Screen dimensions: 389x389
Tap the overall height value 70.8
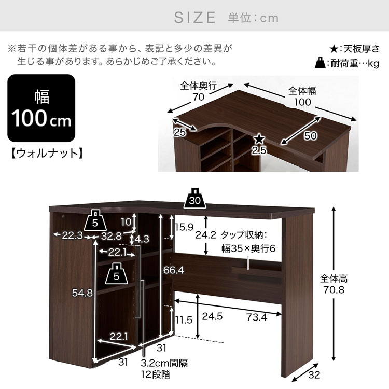coord(334,289)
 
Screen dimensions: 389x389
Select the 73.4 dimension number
coord(257,317)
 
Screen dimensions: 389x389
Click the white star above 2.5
coord(259,139)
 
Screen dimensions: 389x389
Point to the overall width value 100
coord(302,102)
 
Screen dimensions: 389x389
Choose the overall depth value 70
coord(199,97)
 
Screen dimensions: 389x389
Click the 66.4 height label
coord(173,270)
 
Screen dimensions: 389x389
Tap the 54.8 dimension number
coord(82,293)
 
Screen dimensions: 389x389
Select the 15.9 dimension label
coord(184,227)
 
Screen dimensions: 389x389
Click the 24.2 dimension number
coord(206,234)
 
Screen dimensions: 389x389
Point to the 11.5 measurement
coord(184,320)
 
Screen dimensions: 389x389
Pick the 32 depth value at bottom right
coord(314,374)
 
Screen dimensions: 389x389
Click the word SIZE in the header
coord(195,18)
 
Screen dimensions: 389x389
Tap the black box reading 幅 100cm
coord(41,108)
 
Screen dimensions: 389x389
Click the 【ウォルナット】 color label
coord(47,154)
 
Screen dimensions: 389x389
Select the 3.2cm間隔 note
coord(164,363)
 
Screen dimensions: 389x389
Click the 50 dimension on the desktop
coord(310,136)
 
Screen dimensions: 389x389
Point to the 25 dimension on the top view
coord(179,132)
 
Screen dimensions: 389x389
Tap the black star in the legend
coord(334,49)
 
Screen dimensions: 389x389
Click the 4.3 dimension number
coord(142,239)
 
